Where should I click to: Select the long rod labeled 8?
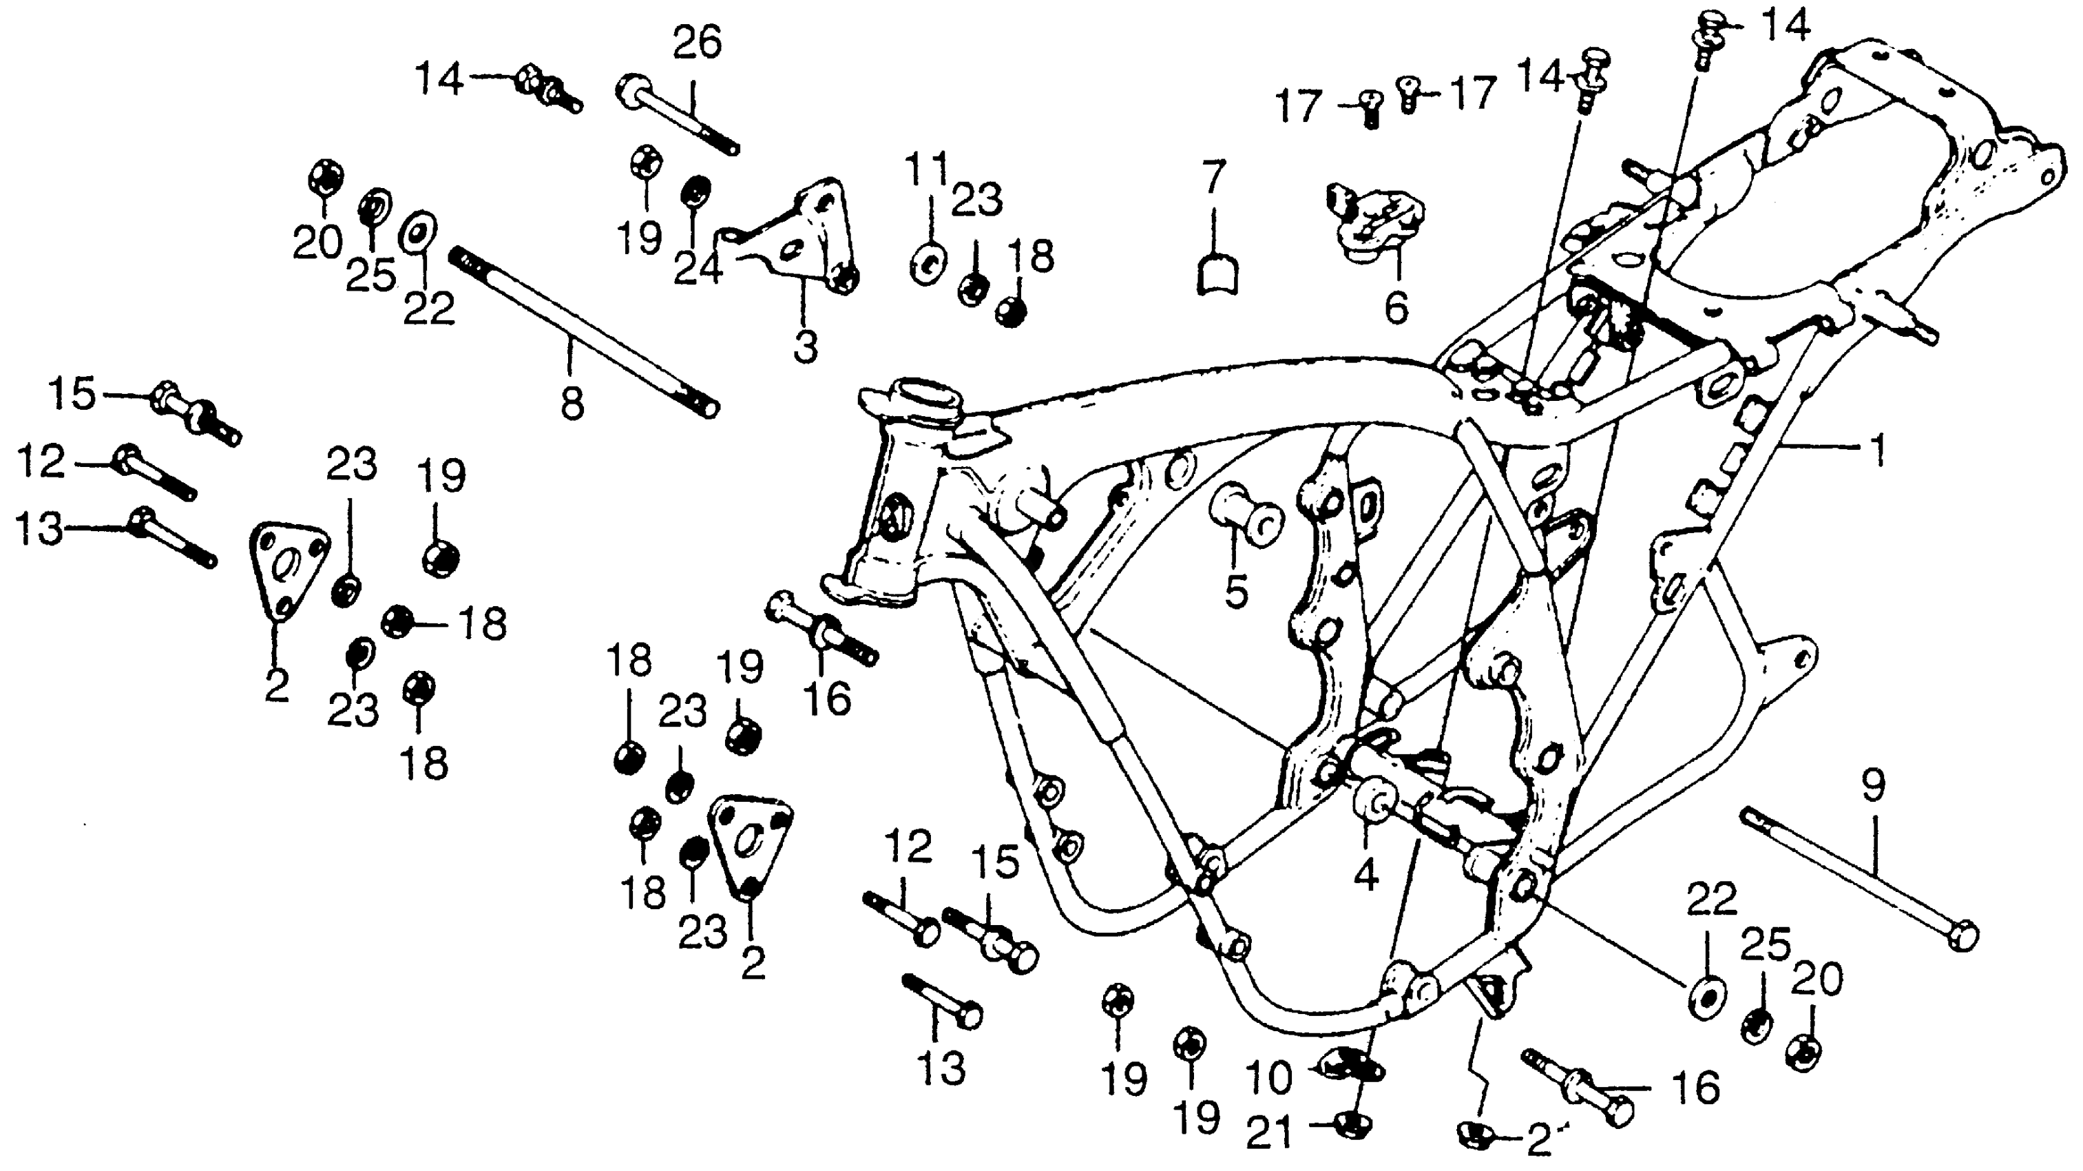582,331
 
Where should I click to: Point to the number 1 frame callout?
1878,450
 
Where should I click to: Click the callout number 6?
1396,307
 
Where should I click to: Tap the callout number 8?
572,402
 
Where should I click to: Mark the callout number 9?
1874,785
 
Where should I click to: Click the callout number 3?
804,346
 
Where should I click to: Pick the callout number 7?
1212,177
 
